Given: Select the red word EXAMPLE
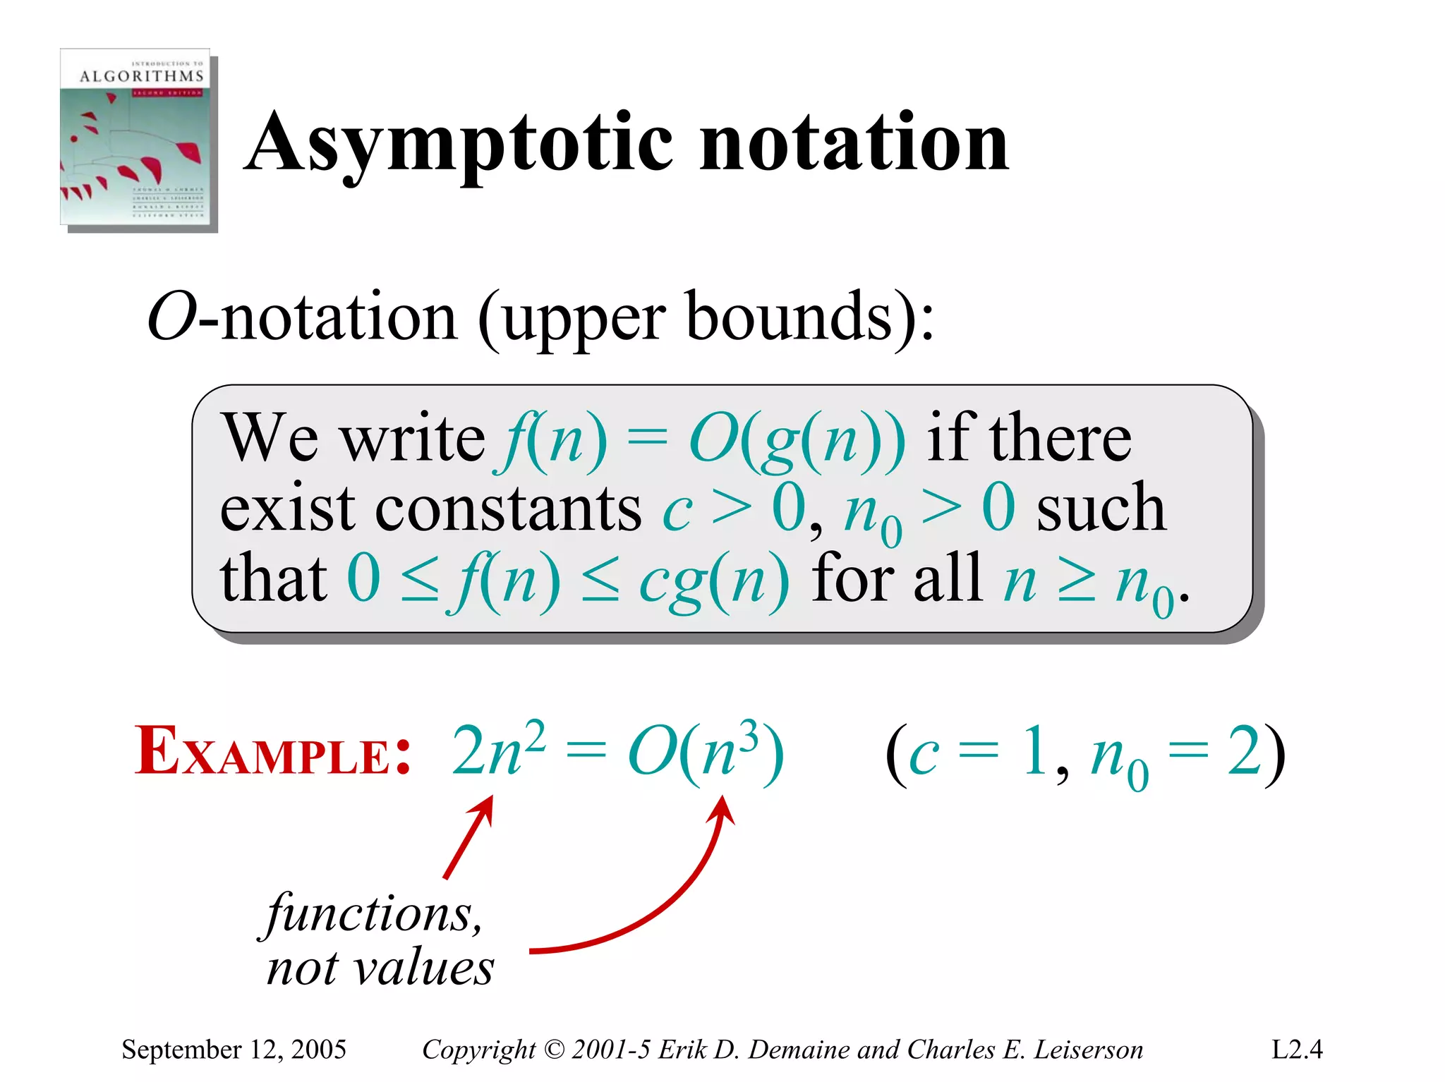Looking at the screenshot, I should pyautogui.click(x=272, y=751).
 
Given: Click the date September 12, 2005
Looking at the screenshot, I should pyautogui.click(x=234, y=1050).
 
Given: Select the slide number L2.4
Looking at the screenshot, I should pyautogui.click(x=1297, y=1050).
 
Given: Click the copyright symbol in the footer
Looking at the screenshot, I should pyautogui.click(x=555, y=1050).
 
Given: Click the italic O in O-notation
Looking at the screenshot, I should pyautogui.click(x=171, y=317).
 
